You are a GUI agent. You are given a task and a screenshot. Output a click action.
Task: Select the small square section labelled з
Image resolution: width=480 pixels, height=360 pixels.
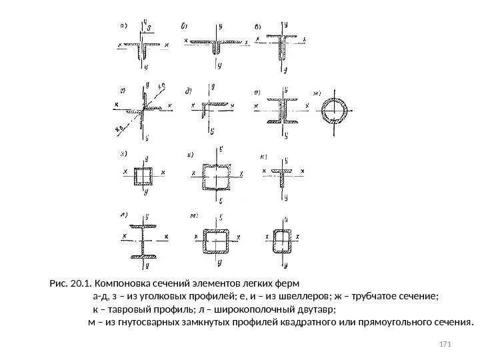pos(144,175)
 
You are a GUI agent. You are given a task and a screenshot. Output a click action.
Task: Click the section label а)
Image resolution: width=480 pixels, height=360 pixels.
pos(124,27)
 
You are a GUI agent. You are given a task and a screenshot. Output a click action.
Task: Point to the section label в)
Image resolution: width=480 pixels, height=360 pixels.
pos(259,27)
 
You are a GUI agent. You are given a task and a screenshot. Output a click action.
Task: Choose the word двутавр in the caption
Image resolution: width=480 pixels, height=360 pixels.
pos(317,311)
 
